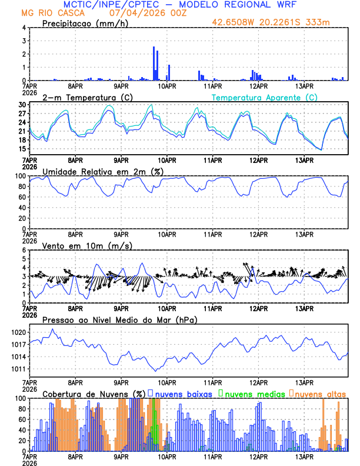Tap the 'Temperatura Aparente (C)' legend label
coord(265,97)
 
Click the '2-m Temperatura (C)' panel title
coord(84,97)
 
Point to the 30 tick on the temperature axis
coord(22,105)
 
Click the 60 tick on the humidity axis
coord(22,197)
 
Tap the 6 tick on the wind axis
coord(24,250)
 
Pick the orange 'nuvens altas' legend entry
coord(321,393)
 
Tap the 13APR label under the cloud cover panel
coord(304,456)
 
